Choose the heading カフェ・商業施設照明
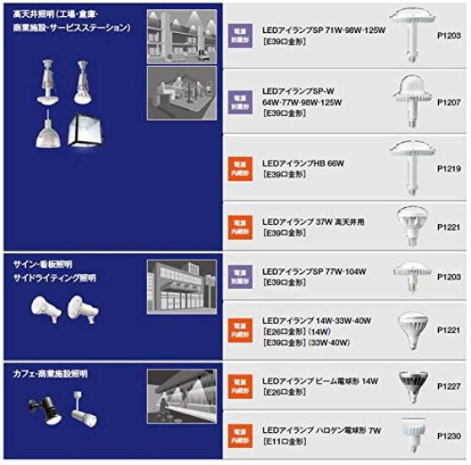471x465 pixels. (51, 373)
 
